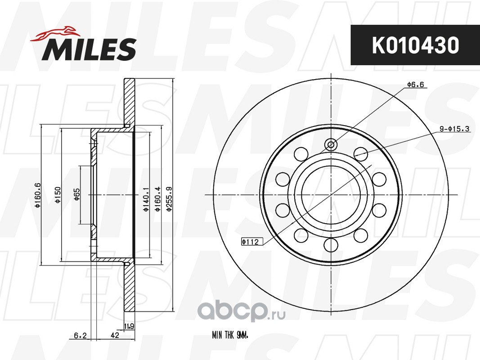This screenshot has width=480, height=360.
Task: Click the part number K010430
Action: point(415,45)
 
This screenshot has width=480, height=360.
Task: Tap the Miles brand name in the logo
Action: point(89,49)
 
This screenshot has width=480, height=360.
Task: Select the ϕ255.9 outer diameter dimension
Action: point(169,199)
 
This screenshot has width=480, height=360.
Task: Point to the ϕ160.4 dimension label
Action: point(157,199)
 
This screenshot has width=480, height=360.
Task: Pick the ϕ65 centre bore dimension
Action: point(76,194)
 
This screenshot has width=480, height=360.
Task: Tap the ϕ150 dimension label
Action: point(57,195)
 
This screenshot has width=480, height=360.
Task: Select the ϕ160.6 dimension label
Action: point(38,195)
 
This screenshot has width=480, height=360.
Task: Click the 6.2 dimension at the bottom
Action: point(80,336)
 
